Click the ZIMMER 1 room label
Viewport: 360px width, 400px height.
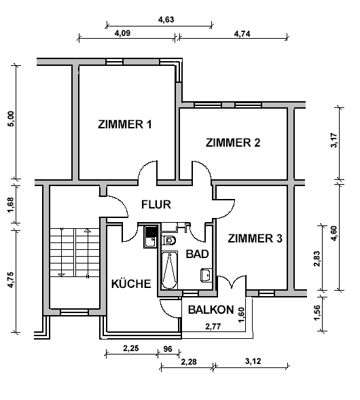coord(125,124)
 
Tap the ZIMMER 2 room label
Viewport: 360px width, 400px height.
coord(233,143)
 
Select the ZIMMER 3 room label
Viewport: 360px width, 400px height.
coord(255,238)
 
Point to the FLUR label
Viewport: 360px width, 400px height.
coord(156,204)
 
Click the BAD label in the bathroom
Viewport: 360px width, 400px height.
coord(197,254)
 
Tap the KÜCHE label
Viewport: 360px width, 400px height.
coord(131,284)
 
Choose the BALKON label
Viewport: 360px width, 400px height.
coord(211,310)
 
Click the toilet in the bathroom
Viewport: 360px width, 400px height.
coord(169,240)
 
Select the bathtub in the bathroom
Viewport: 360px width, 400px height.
coord(169,270)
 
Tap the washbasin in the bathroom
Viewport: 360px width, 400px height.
coord(206,275)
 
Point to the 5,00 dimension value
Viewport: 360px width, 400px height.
coord(12,119)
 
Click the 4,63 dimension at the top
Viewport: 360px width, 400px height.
coord(166,20)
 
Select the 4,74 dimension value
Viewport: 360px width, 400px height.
coord(242,34)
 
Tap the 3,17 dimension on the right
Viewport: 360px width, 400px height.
coord(334,141)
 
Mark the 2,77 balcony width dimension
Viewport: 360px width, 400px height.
coord(213,327)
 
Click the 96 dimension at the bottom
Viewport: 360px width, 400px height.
coord(168,348)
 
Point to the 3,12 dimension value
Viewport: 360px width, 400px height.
coord(253,361)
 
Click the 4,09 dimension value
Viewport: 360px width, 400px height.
coord(122,33)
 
